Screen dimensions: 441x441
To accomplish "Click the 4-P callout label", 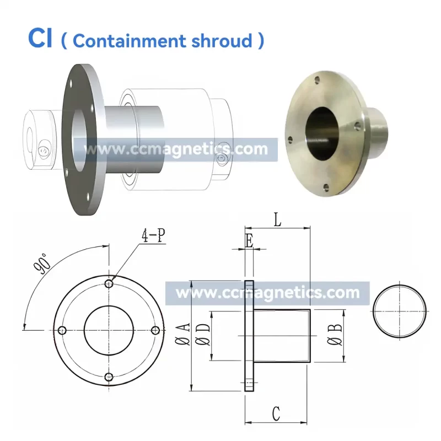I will pyautogui.click(x=153, y=236).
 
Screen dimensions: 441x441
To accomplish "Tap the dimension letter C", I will pyautogui.click(x=277, y=413).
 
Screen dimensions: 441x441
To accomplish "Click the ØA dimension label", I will pyautogui.click(x=184, y=334).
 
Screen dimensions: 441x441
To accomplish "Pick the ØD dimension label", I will pyautogui.click(x=203, y=334).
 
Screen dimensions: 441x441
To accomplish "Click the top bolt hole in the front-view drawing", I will pyautogui.click(x=109, y=284).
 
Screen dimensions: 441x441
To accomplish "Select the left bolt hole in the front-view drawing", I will pyautogui.click(x=62, y=330).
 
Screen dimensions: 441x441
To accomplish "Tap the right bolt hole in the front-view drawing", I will pyautogui.click(x=155, y=330).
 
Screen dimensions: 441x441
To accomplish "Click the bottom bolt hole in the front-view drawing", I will pyautogui.click(x=109, y=377).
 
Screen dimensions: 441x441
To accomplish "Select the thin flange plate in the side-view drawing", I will pyautogui.click(x=249, y=336).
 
